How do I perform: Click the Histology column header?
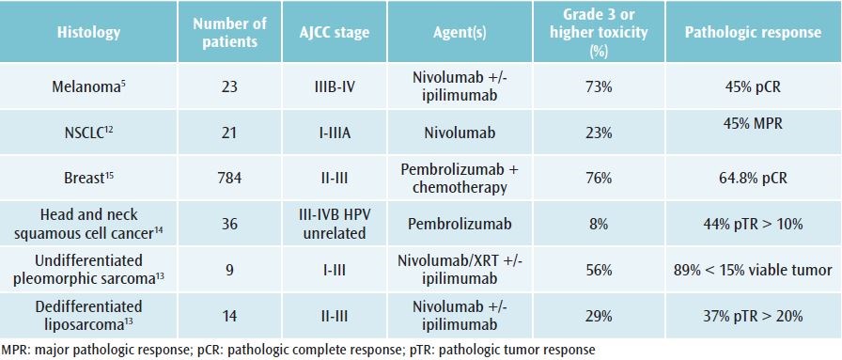[x=88, y=32]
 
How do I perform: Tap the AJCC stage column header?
[x=334, y=32]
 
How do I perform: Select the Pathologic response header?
[x=753, y=32]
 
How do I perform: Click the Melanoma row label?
[x=88, y=86]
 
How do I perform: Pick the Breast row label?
[x=88, y=178]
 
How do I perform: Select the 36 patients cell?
[x=230, y=224]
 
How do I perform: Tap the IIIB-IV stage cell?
[x=334, y=86]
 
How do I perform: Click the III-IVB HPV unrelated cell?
[x=334, y=224]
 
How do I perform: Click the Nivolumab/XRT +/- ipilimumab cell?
[x=460, y=270]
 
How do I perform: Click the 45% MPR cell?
[x=753, y=123]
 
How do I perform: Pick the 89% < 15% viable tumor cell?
[x=753, y=270]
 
